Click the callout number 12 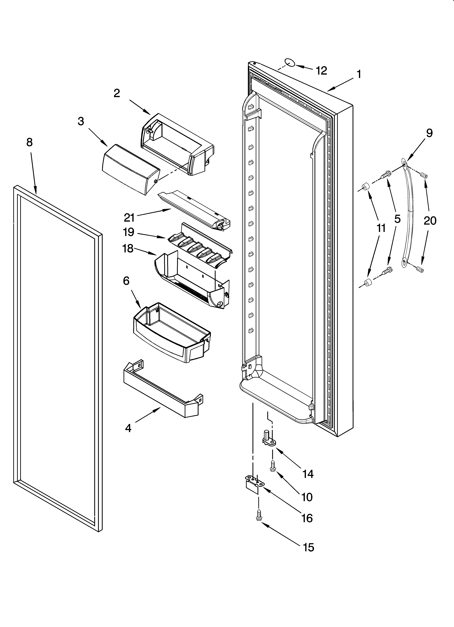point(321,71)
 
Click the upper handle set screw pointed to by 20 point(424,175)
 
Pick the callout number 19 point(129,232)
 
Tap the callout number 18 point(128,249)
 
